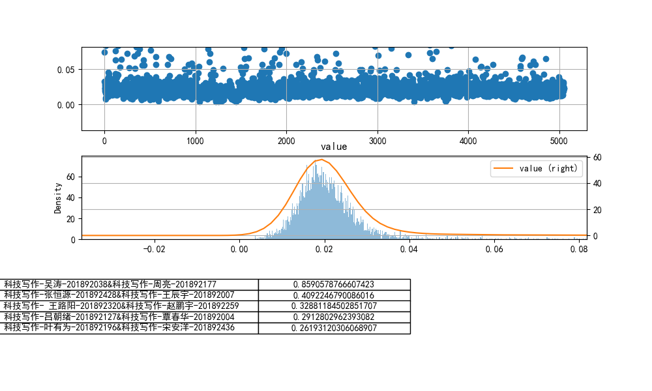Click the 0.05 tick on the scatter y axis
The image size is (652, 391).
(x=70, y=70)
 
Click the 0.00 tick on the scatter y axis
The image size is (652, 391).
(x=70, y=104)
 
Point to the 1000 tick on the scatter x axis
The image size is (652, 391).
(x=196, y=139)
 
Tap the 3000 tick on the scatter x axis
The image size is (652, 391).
(x=378, y=139)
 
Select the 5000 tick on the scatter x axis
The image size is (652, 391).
(x=559, y=139)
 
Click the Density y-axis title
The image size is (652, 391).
(x=58, y=197)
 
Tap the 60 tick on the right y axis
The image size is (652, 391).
(x=595, y=157)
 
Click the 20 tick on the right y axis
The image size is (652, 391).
(x=595, y=209)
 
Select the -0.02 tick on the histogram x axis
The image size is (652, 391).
(x=154, y=248)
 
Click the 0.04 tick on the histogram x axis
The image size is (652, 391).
(x=409, y=248)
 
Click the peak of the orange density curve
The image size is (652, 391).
(x=321, y=159)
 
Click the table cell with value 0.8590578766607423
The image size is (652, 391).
(x=334, y=284)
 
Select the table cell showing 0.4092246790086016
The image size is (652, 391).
(x=334, y=295)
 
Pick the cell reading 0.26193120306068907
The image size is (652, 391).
(x=334, y=328)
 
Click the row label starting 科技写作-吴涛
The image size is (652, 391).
(x=110, y=284)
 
